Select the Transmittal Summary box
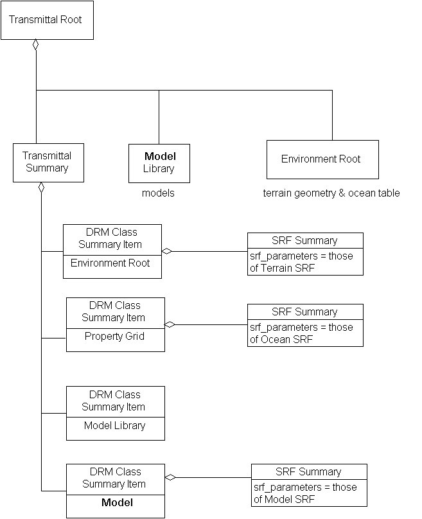(47, 162)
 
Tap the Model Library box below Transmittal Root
(159, 163)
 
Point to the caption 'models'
(158, 193)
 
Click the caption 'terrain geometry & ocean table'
(331, 193)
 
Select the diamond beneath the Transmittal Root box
(36, 45)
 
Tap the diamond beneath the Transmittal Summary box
(41, 188)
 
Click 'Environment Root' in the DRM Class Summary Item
(110, 263)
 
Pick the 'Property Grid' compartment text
(114, 336)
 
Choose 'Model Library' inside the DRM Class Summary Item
(114, 425)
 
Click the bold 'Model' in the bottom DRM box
(117, 502)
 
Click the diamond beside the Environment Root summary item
(167, 251)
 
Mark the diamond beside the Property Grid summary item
(170, 324)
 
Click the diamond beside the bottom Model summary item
(170, 477)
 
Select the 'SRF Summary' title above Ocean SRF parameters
(304, 312)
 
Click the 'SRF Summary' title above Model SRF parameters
(308, 471)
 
